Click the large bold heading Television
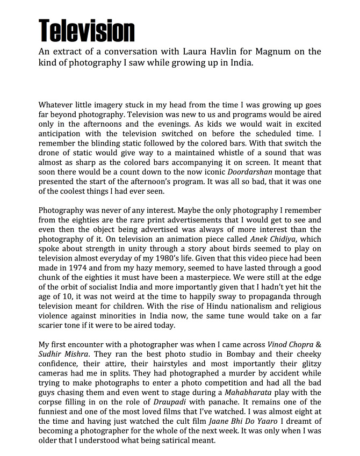[87, 30]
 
